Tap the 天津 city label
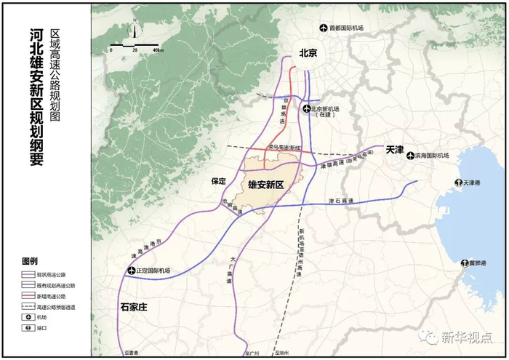click(395, 149)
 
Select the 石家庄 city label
click(134, 307)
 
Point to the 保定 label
click(219, 180)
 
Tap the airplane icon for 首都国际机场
click(324, 28)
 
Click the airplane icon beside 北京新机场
click(307, 109)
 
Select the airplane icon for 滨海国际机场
click(411, 156)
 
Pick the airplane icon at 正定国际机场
click(132, 271)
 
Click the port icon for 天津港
click(458, 182)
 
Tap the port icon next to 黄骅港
click(464, 263)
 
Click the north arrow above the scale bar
click(135, 33)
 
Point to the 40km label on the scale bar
click(159, 50)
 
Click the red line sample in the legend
click(31, 296)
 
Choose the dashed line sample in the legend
click(31, 307)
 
